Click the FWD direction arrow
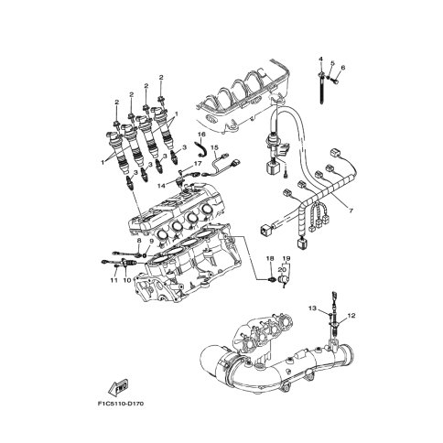118,386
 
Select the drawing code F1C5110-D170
121,404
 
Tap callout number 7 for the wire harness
351,211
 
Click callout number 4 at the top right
320,59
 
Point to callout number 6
342,68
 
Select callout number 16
201,135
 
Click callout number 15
215,147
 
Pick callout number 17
198,164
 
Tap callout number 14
161,186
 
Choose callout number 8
139,241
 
